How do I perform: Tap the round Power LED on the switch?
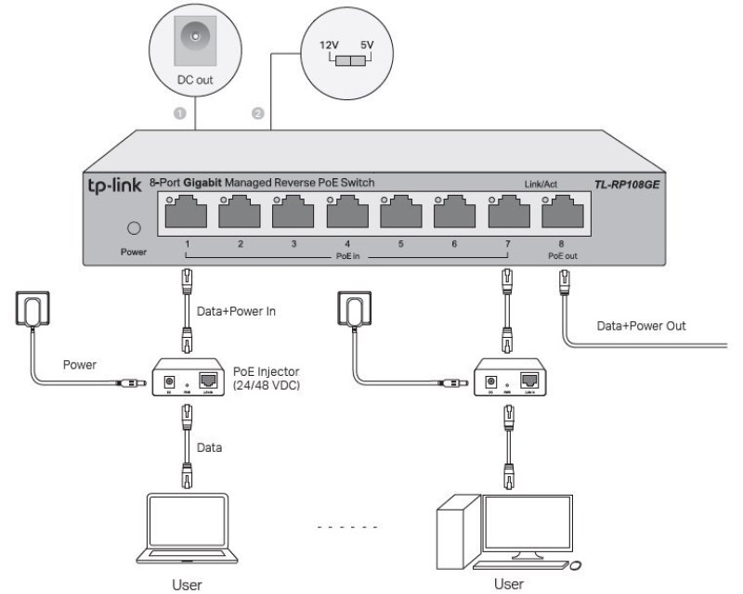coord(133,228)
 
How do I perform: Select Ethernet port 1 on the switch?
coord(186,213)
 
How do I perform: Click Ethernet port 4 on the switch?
coord(347,213)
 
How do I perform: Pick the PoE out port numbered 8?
coord(561,213)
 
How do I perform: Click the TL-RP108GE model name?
coord(628,184)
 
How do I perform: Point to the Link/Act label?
coord(541,185)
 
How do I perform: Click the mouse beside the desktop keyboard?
coord(577,565)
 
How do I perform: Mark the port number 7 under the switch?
coord(506,244)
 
